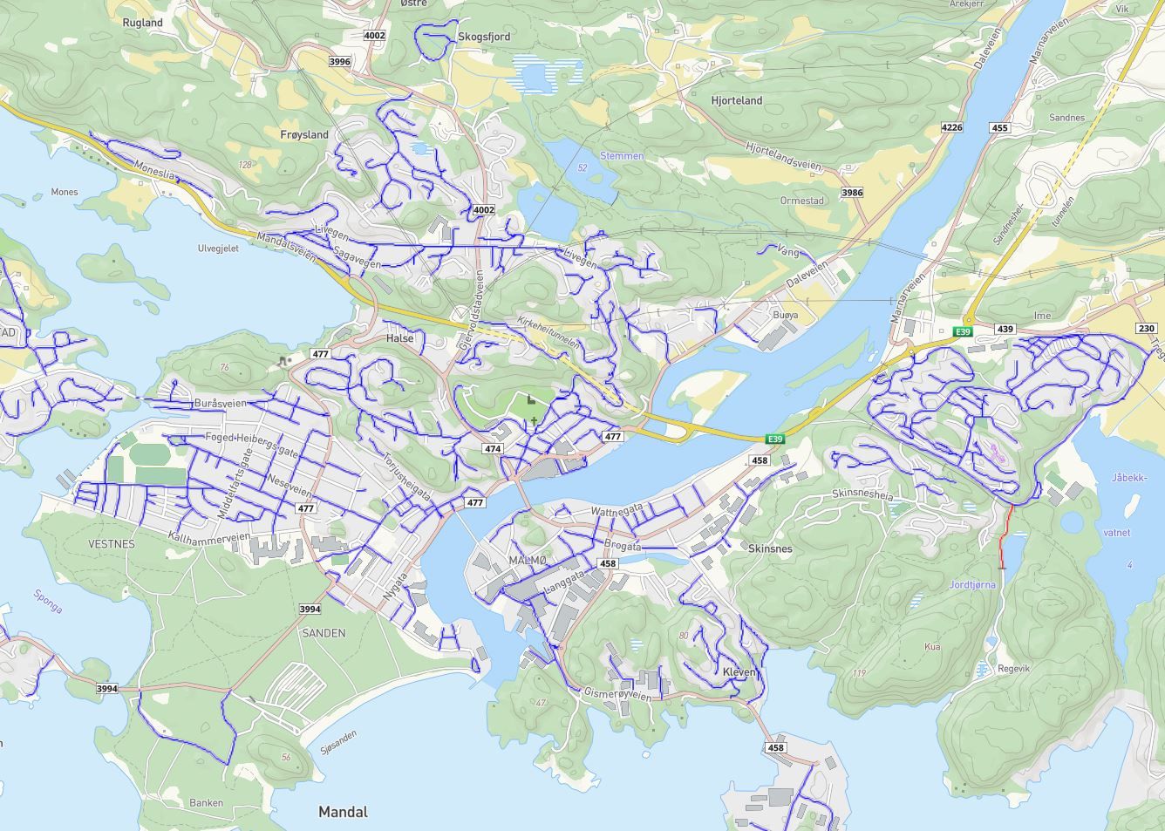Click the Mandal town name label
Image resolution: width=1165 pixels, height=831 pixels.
tap(343, 812)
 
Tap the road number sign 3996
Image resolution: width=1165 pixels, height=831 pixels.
tap(339, 61)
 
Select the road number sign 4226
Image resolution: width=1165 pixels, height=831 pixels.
tap(951, 127)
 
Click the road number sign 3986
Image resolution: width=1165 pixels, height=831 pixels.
tap(851, 192)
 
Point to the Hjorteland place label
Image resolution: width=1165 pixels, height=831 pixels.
tap(736, 100)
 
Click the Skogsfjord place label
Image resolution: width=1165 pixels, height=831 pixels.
tap(484, 37)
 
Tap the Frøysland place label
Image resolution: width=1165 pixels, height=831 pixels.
tap(304, 134)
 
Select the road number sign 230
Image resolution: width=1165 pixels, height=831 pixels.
tap(1146, 328)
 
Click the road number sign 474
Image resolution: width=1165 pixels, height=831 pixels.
tap(493, 449)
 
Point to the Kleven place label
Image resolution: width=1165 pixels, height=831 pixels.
tap(739, 672)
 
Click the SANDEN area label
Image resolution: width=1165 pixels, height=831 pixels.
tap(323, 633)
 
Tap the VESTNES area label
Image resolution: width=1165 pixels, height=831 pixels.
tap(112, 543)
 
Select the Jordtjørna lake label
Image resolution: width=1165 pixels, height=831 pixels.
tap(972, 585)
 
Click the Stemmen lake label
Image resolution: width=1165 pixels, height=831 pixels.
tap(622, 156)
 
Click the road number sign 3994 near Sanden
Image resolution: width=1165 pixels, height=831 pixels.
tap(310, 610)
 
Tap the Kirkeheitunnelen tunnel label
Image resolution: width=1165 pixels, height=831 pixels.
tap(548, 332)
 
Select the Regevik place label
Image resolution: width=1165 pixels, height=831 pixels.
tap(1013, 669)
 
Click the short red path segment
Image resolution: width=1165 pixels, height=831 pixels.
tap(1005, 534)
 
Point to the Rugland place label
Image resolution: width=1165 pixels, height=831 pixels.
tap(142, 23)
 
